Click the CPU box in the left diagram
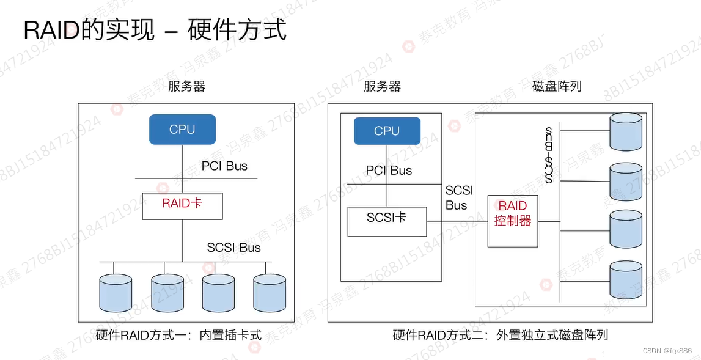coord(182,130)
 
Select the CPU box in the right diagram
coord(387,131)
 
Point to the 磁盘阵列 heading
coord(557,86)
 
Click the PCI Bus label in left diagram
coord(224,166)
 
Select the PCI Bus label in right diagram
coord(389,171)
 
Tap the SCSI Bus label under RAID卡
coord(233,248)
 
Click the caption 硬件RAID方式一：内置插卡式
coord(178,335)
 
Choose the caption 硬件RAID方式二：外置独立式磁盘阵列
coord(501,335)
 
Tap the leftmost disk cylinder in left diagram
coord(116,293)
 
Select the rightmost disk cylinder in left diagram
coord(270,293)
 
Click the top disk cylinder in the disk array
coord(626,131)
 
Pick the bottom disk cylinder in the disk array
coord(626,280)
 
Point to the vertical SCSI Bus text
coord(549,156)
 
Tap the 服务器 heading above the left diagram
coord(187,86)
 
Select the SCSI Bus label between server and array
coord(459,198)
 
